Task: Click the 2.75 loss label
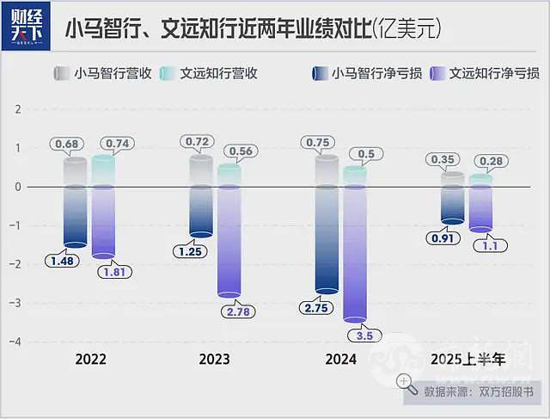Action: (315, 307)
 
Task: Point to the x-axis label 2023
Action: (214, 359)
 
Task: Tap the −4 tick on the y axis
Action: (15, 342)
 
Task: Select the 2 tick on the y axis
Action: (17, 109)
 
